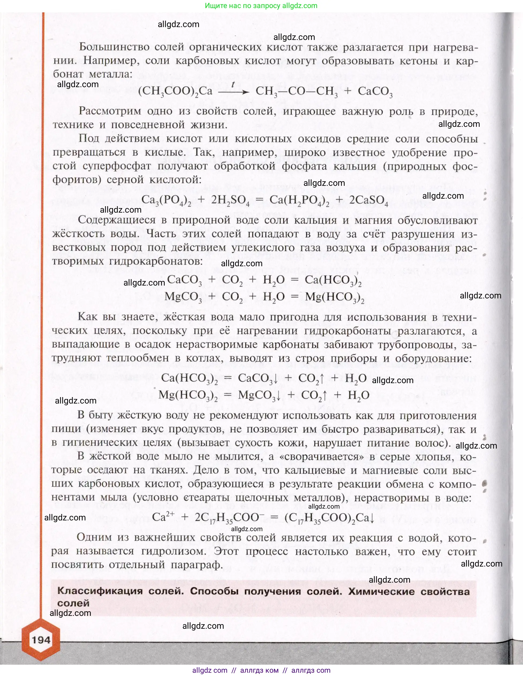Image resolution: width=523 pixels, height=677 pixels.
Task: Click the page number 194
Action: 41,640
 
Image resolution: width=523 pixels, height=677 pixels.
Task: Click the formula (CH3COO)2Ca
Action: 175,91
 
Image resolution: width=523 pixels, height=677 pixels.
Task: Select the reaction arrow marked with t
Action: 233,91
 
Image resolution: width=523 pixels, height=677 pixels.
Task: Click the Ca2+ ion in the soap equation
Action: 163,517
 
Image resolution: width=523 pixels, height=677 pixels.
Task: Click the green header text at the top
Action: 261,6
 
